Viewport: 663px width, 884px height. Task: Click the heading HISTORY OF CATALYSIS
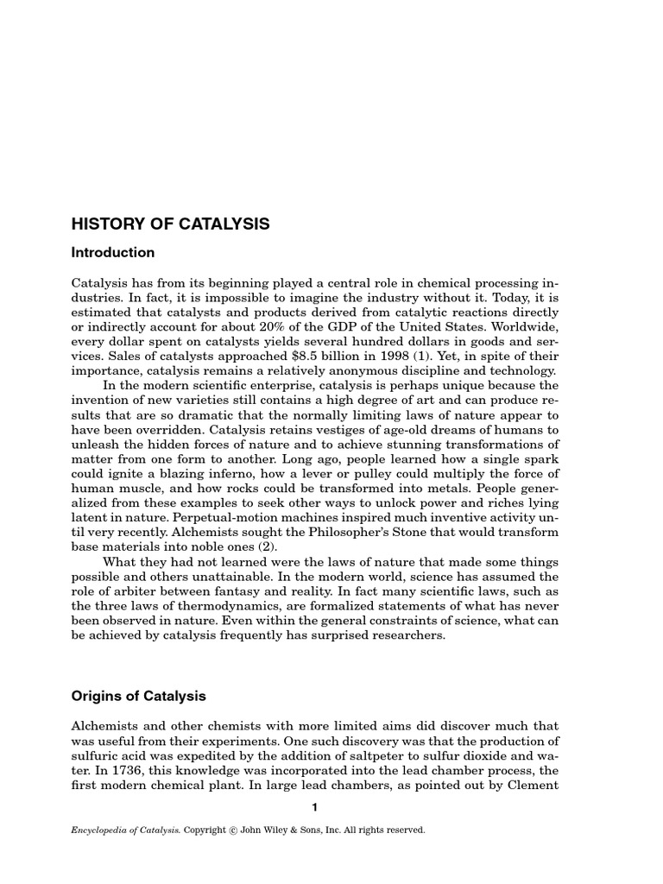click(x=170, y=224)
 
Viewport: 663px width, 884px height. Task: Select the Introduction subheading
click(x=113, y=253)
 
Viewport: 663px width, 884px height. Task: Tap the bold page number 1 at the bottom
click(x=315, y=807)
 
